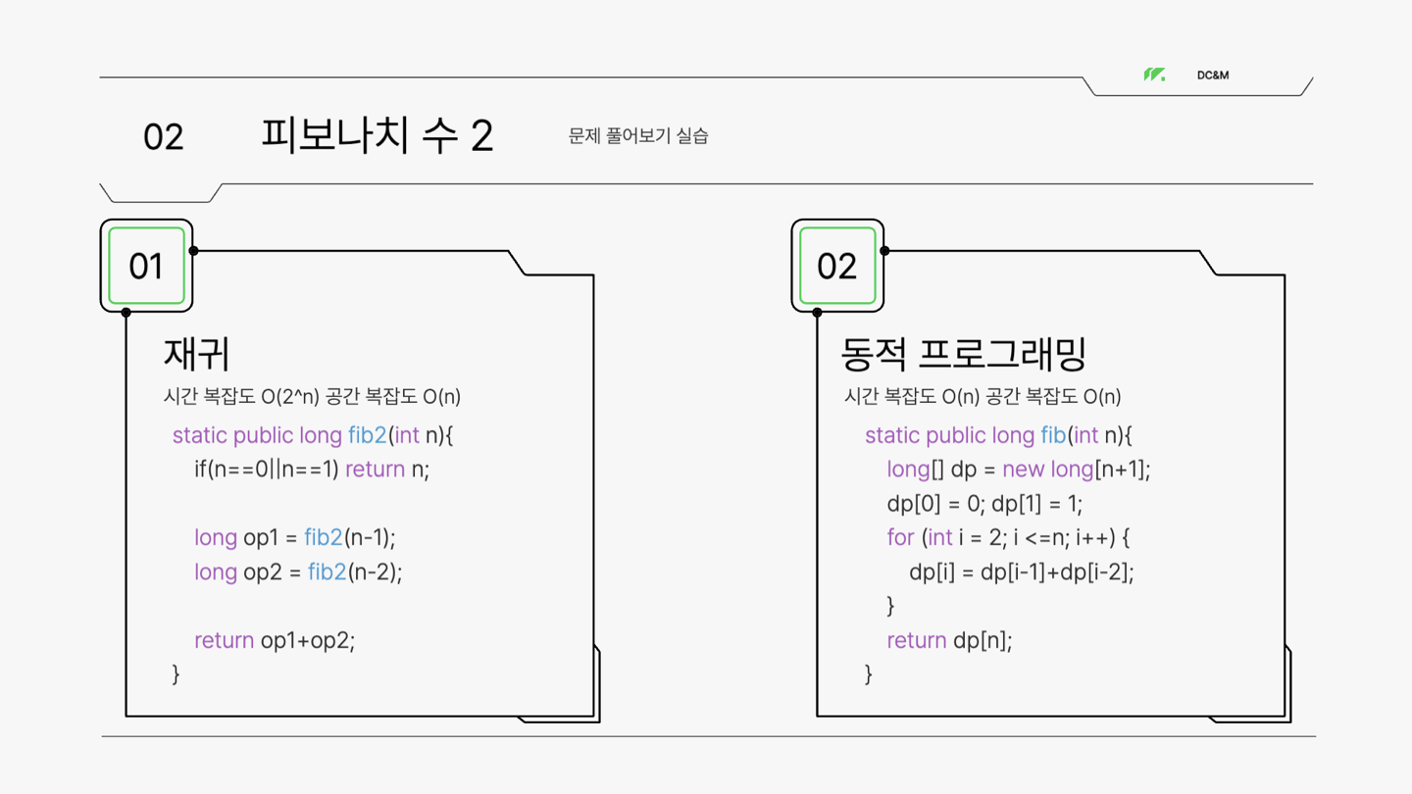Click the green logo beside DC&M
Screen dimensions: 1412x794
(x=1154, y=75)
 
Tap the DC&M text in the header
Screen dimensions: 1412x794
(x=1213, y=75)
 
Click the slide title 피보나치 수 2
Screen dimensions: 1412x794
(x=377, y=135)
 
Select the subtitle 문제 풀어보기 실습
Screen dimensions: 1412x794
(x=638, y=136)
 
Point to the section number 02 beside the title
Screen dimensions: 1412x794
(x=163, y=137)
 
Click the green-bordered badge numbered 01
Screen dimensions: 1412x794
(x=146, y=266)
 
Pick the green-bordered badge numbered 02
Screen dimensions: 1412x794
(x=836, y=266)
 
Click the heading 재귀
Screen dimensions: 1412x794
(x=196, y=354)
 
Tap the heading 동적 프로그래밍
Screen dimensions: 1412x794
(x=964, y=354)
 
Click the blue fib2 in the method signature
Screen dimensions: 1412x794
(x=368, y=435)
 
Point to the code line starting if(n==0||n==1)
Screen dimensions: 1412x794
(x=312, y=470)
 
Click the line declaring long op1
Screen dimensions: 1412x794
(x=294, y=537)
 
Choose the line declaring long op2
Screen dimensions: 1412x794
(x=298, y=571)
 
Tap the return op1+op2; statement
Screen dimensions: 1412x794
(x=275, y=640)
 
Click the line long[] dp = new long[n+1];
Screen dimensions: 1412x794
(x=1018, y=470)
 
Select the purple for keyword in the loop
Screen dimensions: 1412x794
(x=900, y=537)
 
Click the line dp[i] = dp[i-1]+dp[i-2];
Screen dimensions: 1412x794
(x=1021, y=571)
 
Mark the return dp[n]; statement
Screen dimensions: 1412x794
(x=949, y=640)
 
